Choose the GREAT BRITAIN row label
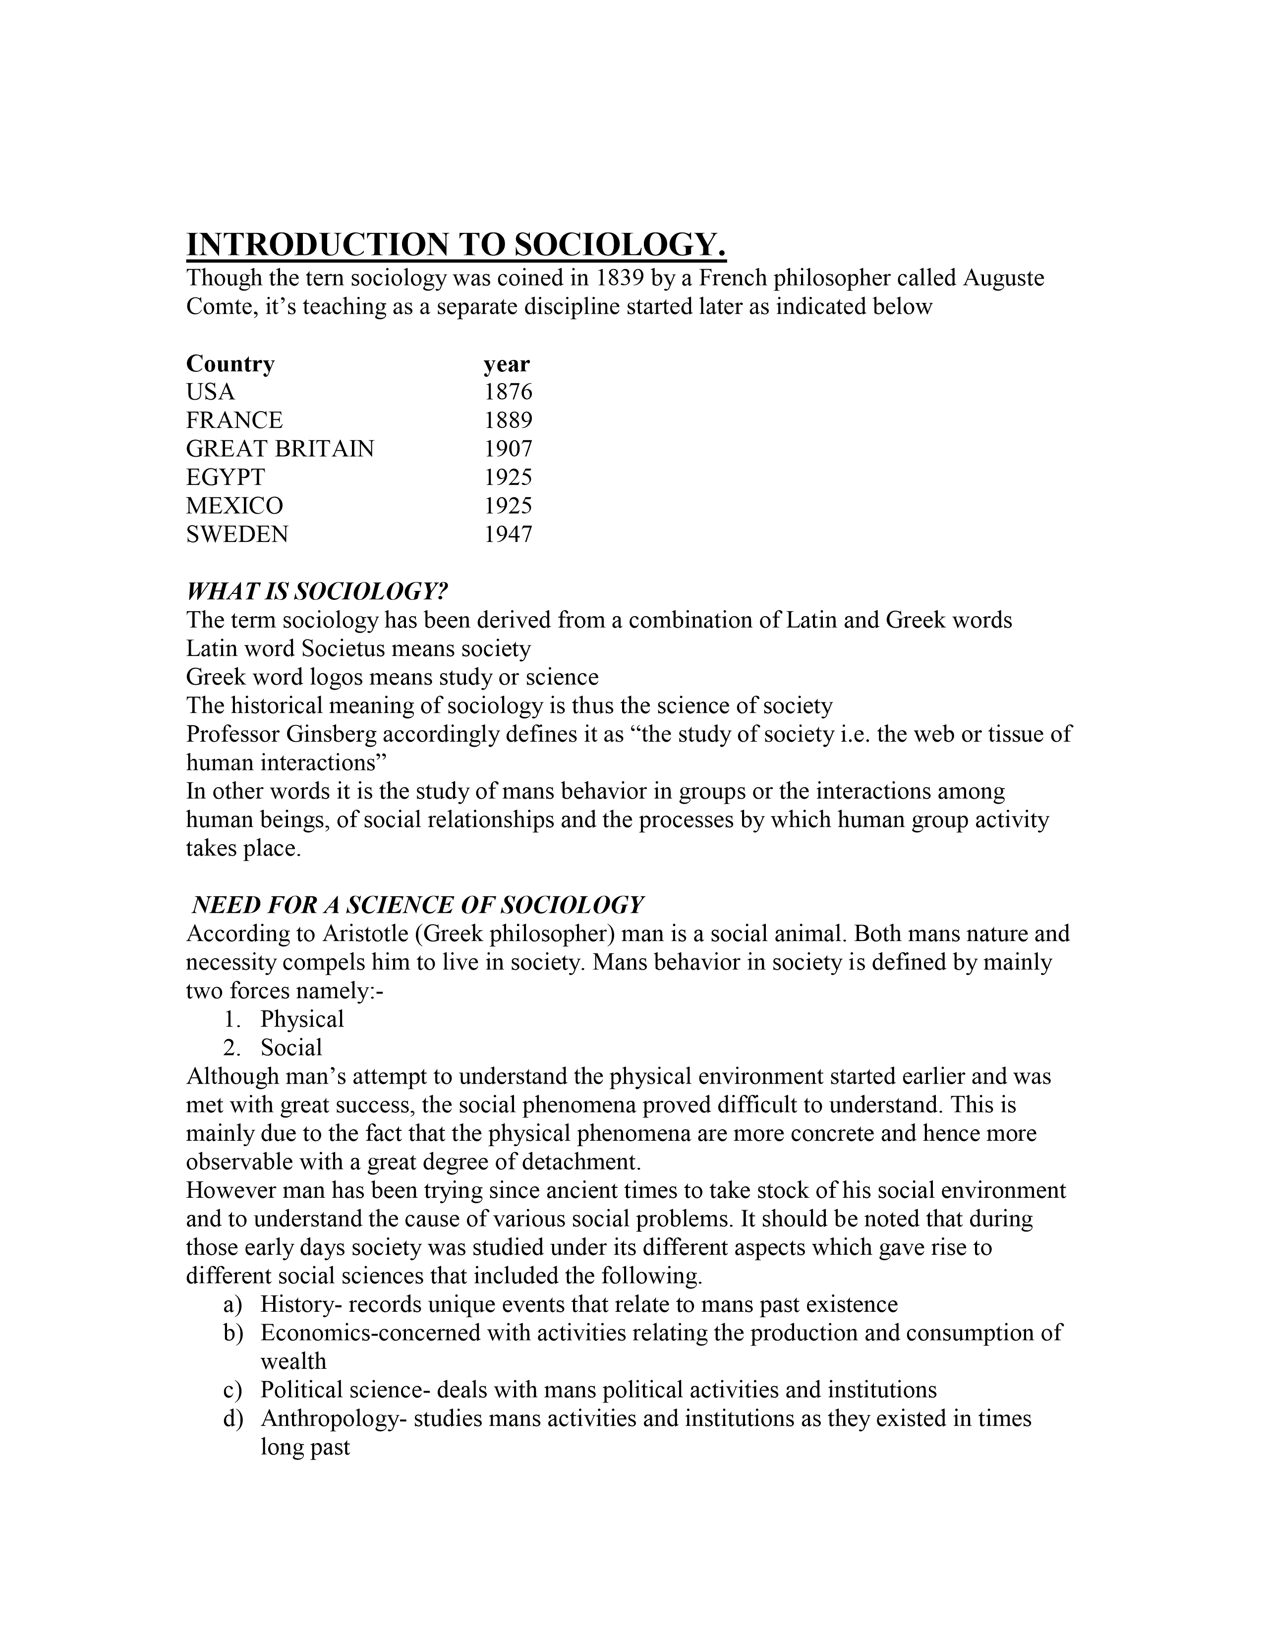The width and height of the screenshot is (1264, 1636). click(280, 449)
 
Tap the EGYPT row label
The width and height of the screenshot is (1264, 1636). click(226, 477)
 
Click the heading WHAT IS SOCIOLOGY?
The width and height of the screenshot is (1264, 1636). click(317, 592)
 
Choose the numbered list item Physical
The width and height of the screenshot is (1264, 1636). click(302, 1019)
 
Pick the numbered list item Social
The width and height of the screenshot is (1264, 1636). click(291, 1048)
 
